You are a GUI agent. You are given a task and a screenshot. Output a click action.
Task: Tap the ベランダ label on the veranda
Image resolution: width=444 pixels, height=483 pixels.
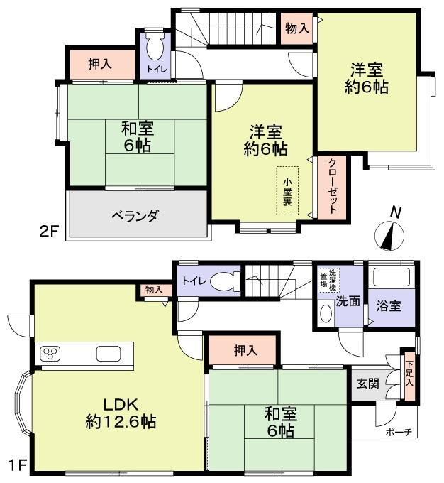tap(134, 215)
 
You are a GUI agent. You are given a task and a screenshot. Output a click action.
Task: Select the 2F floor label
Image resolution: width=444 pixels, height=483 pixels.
tap(48, 232)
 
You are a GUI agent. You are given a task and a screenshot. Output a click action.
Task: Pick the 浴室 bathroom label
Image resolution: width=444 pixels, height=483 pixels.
tap(389, 306)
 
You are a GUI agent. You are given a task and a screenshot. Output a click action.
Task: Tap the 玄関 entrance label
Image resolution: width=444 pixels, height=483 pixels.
tap(367, 383)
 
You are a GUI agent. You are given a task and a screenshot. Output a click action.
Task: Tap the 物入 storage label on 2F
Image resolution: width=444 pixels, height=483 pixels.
tap(296, 28)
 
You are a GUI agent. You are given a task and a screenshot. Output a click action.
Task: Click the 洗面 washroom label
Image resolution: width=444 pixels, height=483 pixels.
tap(348, 300)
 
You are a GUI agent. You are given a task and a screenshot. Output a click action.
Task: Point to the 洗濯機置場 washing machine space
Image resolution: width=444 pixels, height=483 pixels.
tap(328, 278)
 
